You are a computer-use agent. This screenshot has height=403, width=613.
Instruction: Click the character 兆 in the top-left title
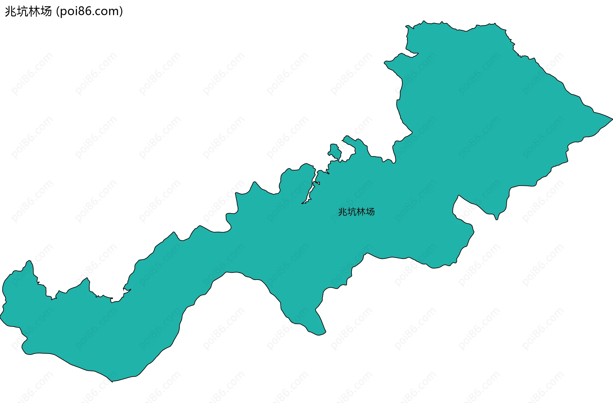(x=11, y=11)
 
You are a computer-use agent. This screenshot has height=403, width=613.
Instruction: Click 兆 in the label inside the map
(x=343, y=212)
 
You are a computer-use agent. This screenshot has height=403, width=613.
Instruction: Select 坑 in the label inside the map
(x=352, y=212)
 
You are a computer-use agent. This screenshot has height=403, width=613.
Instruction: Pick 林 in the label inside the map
(x=361, y=212)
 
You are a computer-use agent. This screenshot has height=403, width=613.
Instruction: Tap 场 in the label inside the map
(x=370, y=212)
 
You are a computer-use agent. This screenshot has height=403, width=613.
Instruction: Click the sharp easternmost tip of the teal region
(x=612, y=119)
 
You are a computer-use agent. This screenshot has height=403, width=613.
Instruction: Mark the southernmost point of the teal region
(x=112, y=381)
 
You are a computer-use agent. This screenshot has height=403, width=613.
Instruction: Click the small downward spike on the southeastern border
(x=496, y=218)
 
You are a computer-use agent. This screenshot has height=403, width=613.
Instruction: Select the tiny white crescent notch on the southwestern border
(x=126, y=291)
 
